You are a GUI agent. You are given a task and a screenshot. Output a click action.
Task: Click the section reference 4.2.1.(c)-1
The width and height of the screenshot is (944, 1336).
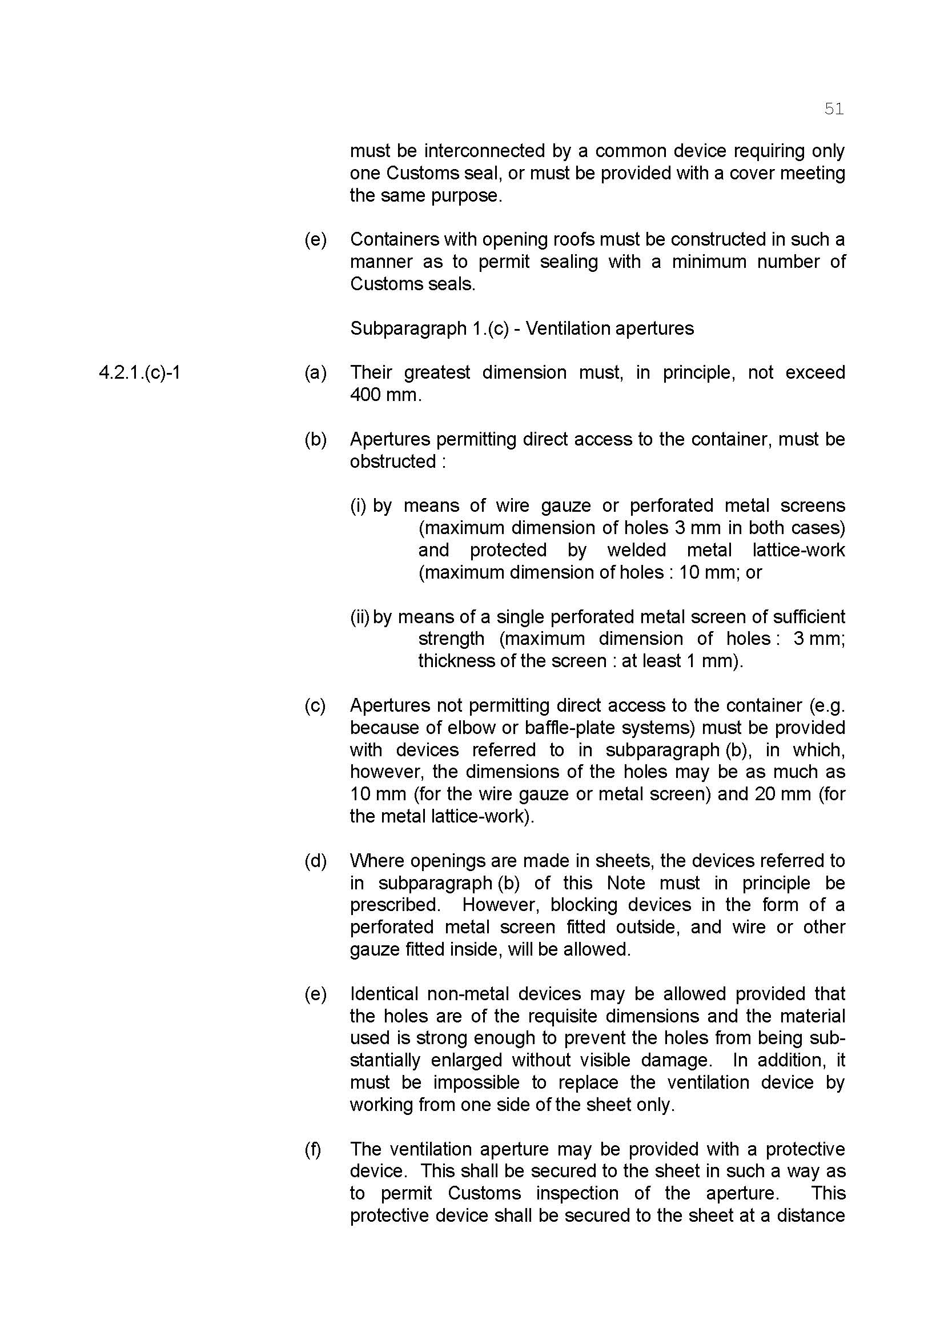pos(139,372)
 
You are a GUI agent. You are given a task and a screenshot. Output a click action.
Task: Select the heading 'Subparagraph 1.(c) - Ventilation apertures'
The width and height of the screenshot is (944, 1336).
pos(521,328)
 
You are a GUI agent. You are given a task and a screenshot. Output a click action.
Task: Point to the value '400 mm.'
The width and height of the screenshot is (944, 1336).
pos(385,395)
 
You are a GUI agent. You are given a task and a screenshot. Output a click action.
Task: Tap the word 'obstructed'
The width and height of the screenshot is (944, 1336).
pos(392,462)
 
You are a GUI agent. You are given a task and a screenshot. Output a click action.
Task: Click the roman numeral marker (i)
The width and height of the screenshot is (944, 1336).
pos(358,505)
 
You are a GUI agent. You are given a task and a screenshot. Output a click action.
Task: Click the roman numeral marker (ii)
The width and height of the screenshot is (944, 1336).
pos(360,617)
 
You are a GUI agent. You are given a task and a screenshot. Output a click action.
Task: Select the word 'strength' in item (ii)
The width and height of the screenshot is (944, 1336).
pos(451,639)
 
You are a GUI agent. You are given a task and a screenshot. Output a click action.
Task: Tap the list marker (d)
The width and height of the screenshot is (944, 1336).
pos(315,861)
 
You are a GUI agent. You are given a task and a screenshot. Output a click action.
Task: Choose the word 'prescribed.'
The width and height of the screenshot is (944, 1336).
pos(395,905)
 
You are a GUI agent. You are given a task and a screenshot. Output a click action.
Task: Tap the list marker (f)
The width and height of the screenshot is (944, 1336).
pos(313,1149)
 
